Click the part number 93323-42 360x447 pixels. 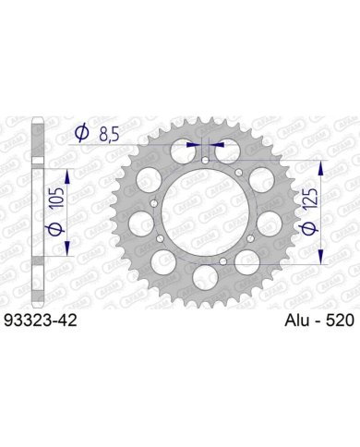pos(40,320)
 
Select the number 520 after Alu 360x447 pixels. pos(340,320)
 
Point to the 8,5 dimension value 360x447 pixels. pos(109,135)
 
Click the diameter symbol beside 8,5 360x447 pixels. pos(82,133)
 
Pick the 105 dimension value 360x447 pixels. pos(56,197)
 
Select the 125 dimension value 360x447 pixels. pos(310,199)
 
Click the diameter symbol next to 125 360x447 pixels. pos(309,228)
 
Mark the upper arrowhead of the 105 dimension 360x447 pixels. pos(67,176)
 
